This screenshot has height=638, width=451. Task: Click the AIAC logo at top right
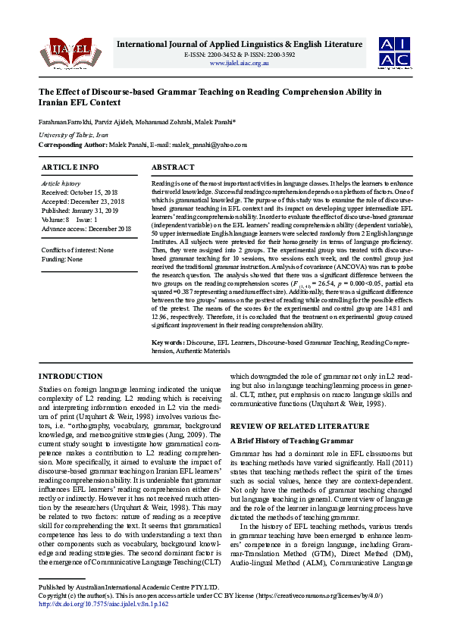pyautogui.click(x=396, y=51)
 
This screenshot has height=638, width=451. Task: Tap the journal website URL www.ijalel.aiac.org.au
pyautogui.click(x=239, y=63)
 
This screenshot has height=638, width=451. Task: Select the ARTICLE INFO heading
pyautogui.click(x=70, y=167)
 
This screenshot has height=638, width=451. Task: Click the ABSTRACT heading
pyautogui.click(x=174, y=167)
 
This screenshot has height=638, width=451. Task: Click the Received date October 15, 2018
pyautogui.click(x=76, y=193)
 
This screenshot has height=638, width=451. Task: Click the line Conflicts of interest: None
pyautogui.click(x=77, y=250)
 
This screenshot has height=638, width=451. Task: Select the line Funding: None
pyautogui.click(x=62, y=259)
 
